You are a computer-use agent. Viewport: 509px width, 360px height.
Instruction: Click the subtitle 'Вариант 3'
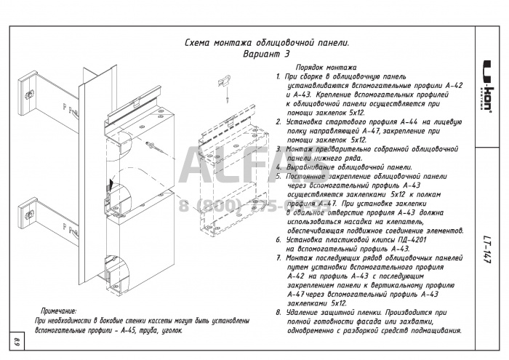click(x=266, y=54)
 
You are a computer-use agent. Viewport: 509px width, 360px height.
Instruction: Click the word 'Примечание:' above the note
click(x=59, y=311)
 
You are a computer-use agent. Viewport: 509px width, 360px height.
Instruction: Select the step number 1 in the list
click(x=278, y=76)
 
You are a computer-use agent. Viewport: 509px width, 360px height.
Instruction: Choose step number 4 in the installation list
click(x=278, y=167)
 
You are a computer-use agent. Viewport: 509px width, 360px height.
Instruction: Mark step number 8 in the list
click(x=278, y=313)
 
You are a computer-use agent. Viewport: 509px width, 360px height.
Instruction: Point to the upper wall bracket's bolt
click(x=30, y=92)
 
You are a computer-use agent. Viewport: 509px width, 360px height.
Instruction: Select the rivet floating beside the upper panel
click(x=152, y=148)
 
